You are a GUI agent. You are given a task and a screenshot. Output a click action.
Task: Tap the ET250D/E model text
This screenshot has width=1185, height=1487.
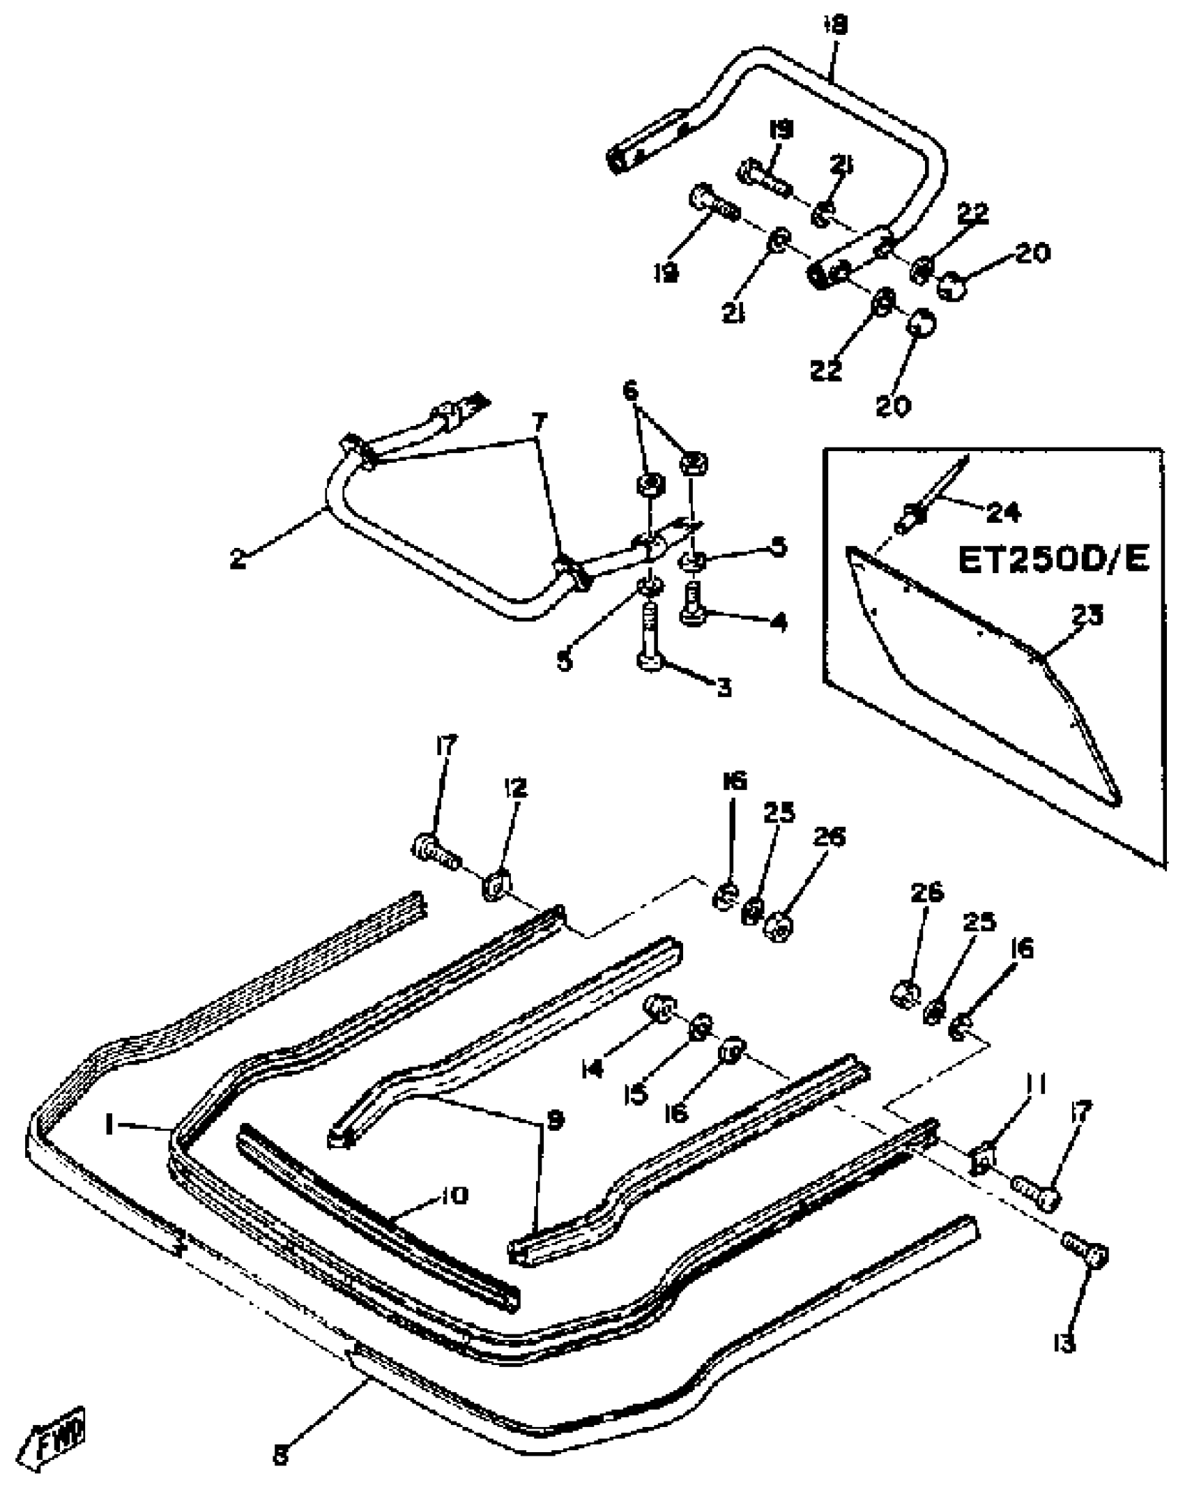point(1053,559)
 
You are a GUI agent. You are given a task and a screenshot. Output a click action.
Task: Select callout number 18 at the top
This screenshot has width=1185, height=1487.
point(836,26)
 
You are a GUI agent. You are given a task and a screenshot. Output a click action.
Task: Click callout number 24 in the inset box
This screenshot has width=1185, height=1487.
point(1004,513)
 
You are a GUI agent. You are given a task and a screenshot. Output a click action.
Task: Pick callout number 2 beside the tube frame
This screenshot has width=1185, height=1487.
point(238,559)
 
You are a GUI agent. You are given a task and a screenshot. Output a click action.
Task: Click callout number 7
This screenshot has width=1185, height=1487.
point(540,422)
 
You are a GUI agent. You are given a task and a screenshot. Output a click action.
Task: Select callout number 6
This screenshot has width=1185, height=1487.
point(630,391)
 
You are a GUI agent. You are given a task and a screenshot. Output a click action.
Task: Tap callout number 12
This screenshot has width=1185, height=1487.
point(517,788)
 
